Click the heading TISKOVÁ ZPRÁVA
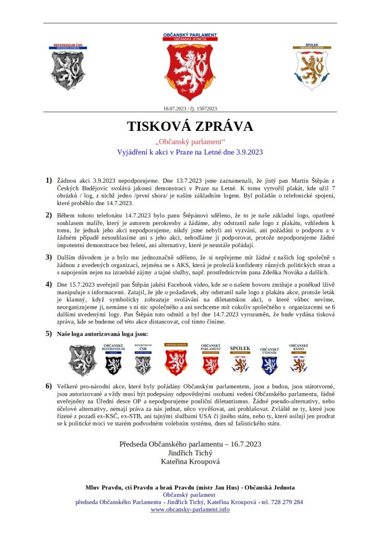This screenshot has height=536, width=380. click(x=190, y=127)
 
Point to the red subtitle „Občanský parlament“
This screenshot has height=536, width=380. click(x=190, y=142)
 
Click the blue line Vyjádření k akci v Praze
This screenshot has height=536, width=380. click(x=190, y=152)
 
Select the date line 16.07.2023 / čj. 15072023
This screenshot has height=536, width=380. click(x=190, y=109)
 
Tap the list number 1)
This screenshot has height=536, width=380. click(x=49, y=181)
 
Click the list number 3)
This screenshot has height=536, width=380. click(x=49, y=257)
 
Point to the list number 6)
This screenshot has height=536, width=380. click(x=49, y=386)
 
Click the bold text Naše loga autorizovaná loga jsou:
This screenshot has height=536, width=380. click(x=102, y=333)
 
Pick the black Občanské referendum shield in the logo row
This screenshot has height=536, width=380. click(x=114, y=361)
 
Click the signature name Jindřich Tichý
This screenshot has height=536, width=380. click(x=190, y=453)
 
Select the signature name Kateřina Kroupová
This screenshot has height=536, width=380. click(x=190, y=462)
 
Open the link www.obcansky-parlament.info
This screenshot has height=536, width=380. click(x=190, y=509)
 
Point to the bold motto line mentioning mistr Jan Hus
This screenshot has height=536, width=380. click(x=190, y=487)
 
